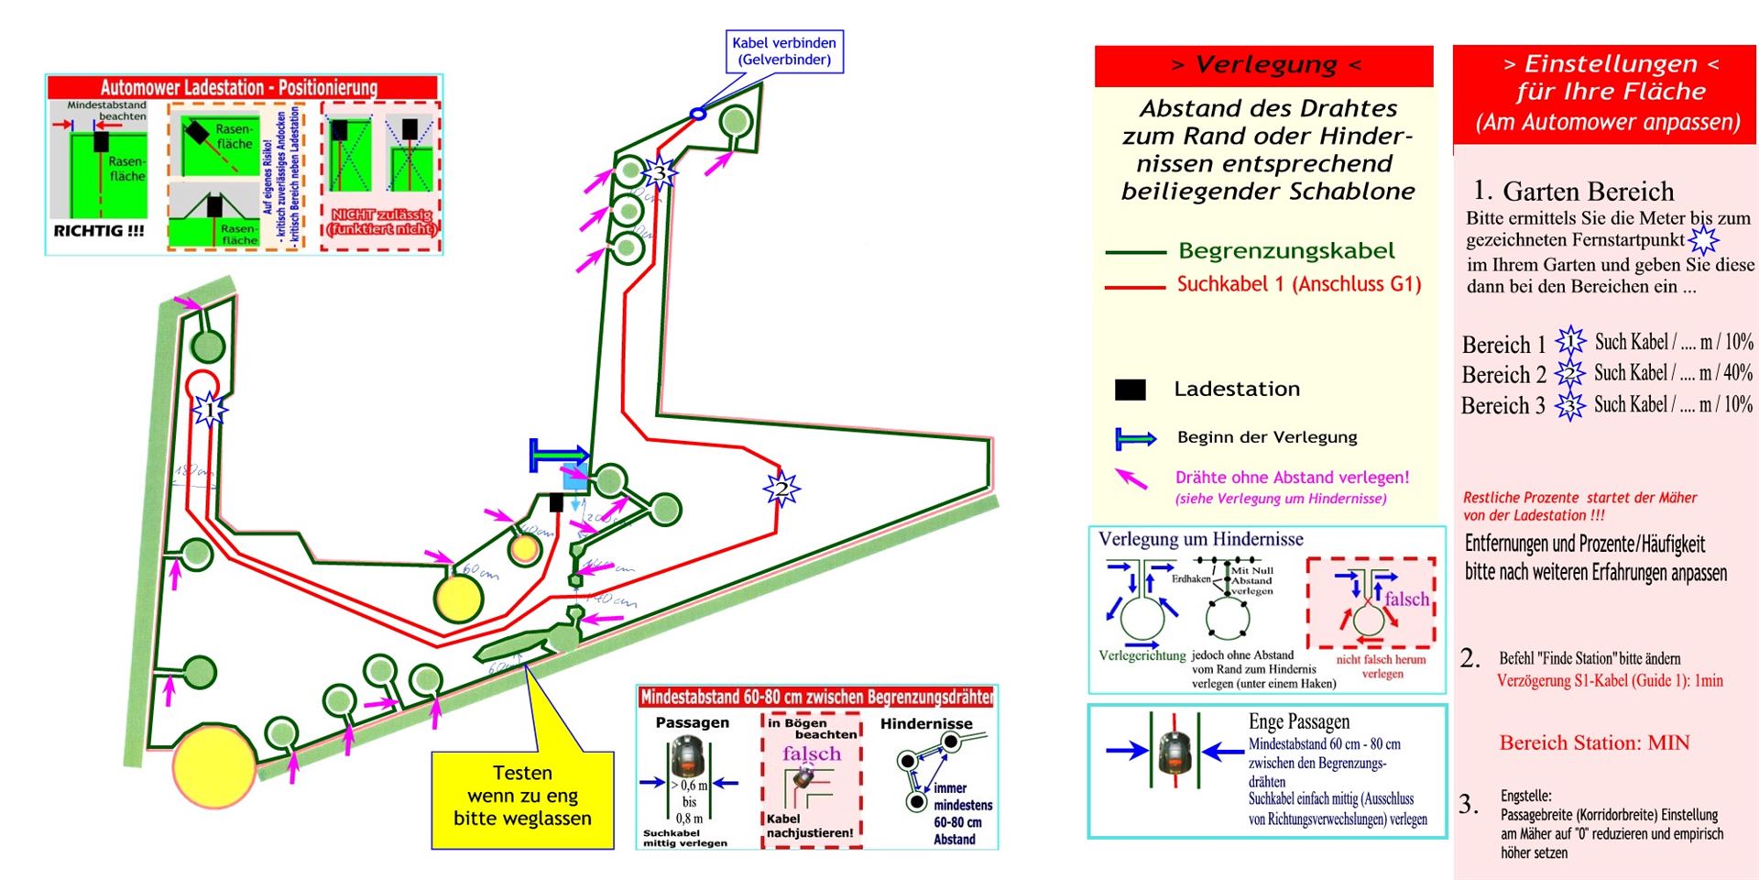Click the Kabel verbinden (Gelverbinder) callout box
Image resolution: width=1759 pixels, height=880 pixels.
pos(783,51)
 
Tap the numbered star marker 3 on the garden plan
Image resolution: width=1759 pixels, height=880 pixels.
pos(659,172)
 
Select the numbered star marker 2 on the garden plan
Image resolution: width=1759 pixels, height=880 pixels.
pos(781,489)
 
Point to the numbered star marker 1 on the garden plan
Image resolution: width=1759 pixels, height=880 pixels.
pos(210,409)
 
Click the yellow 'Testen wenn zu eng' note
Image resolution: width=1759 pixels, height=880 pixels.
pos(522,796)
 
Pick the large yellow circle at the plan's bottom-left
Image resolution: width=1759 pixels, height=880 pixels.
pos(215,764)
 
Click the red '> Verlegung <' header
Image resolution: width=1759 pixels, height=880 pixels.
pos(1263,65)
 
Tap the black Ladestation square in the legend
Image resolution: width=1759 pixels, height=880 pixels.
pos(1130,390)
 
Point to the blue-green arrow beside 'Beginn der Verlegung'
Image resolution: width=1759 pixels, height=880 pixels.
pos(1135,439)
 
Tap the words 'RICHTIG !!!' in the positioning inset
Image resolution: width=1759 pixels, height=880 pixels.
pos(99,231)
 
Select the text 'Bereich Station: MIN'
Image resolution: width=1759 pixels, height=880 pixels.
pos(1594,742)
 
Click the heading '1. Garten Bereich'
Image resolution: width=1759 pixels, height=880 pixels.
pos(1574,191)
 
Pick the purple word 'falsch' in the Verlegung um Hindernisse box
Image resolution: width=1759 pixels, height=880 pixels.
pos(1406,599)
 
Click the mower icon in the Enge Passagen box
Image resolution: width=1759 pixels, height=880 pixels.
pos(1174,751)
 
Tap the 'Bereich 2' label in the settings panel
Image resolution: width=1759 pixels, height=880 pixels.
pos(1503,375)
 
